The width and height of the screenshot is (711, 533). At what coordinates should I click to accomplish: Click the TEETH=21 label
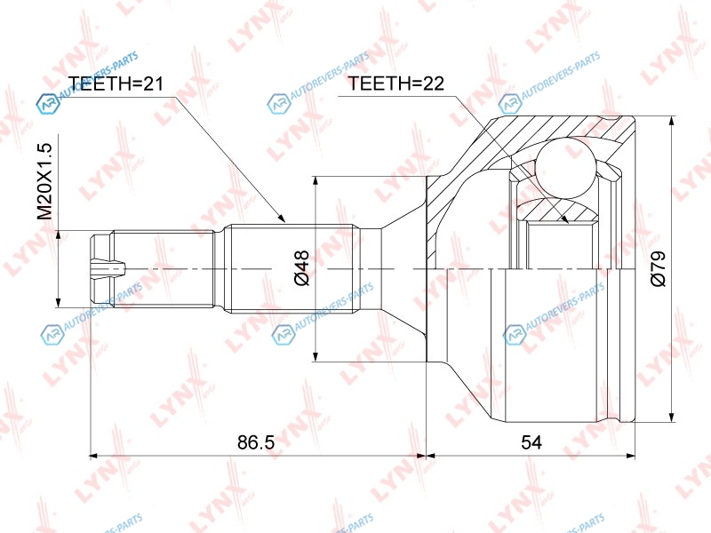tap(116, 84)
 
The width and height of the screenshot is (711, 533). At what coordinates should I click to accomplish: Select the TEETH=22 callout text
tap(395, 84)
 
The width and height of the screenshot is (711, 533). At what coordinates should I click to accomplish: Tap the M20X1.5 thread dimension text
tap(45, 181)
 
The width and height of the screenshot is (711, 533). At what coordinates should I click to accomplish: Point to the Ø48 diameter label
tap(301, 267)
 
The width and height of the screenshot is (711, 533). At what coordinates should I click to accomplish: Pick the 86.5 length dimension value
tap(256, 442)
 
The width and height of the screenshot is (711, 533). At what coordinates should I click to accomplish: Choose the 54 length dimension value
tap(531, 442)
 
